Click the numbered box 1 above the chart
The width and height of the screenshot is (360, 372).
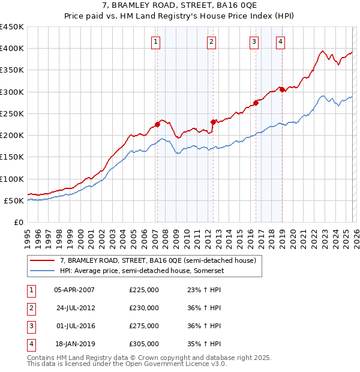point(155,41)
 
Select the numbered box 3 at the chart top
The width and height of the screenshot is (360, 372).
point(254,41)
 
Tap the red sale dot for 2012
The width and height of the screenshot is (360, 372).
point(213,122)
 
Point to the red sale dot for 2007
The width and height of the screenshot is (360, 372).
point(157,124)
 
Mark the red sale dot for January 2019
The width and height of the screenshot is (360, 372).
point(281,89)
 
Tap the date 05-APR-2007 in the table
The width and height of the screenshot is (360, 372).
point(74,289)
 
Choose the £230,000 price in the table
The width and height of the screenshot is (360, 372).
point(144,308)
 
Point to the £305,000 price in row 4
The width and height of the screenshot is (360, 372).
point(144,344)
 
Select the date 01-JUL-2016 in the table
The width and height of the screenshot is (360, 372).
point(74,326)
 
